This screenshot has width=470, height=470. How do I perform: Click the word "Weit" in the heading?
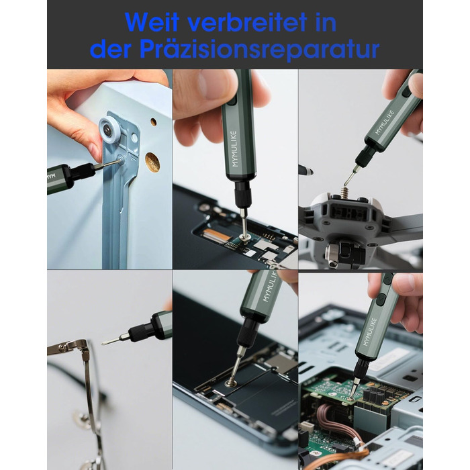[x=152, y=23]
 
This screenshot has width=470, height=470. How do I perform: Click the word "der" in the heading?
[x=110, y=49]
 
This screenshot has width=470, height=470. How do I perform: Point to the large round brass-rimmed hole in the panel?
[x=152, y=160]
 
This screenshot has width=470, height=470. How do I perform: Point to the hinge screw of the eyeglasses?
[x=62, y=347]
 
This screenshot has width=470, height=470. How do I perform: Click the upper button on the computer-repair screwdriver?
[x=387, y=279]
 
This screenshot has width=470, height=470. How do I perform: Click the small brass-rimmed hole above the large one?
[x=153, y=122]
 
